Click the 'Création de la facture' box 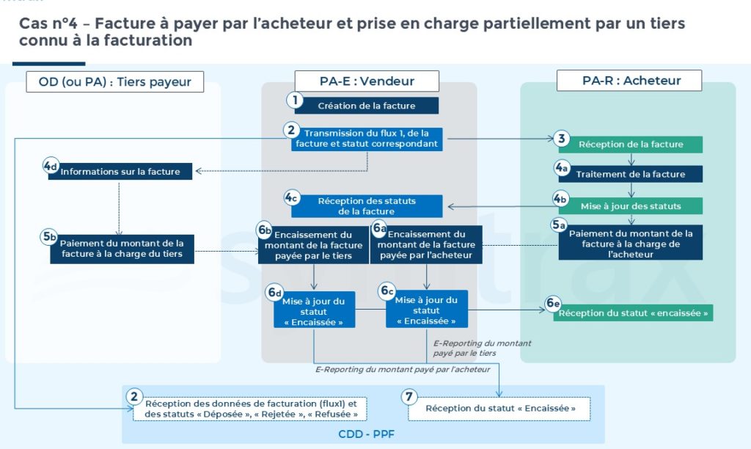pos(366,106)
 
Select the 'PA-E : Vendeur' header pos(367,81)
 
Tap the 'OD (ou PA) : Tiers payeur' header pos(114,81)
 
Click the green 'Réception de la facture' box pos(630,145)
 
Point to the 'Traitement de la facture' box pos(630,174)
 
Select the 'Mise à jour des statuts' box pos(630,205)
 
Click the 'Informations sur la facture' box pos(120,172)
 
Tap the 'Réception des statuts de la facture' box pos(367,206)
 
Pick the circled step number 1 pos(295,101)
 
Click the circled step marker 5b pos(49,237)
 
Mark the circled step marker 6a pos(379,228)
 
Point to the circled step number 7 pos(409,397)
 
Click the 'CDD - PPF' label pos(366,434)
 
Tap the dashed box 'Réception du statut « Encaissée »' pos(499,409)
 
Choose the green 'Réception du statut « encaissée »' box pos(634,313)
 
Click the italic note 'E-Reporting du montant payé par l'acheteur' pos(403,370)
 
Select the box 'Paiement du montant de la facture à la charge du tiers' pos(122,249)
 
